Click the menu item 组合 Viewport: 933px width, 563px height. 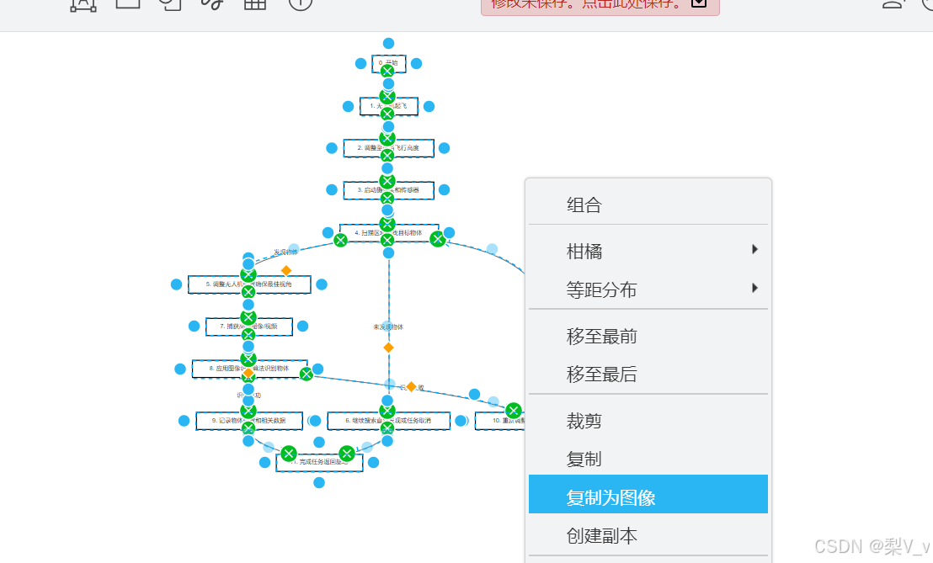click(x=584, y=204)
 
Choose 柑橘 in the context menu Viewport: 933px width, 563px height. click(x=584, y=251)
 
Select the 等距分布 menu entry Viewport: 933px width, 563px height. click(x=601, y=289)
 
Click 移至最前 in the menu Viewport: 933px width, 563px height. click(x=601, y=337)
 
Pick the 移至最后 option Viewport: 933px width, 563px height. click(x=601, y=374)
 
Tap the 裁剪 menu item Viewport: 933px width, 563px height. click(x=584, y=421)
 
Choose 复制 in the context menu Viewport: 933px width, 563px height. click(x=584, y=459)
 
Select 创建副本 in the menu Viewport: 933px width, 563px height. click(x=601, y=535)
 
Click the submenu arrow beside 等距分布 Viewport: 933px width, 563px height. click(x=754, y=288)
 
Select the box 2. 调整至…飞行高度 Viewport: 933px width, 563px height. click(x=413, y=148)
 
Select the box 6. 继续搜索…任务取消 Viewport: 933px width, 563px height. click(x=421, y=420)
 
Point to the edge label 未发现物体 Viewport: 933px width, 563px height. click(x=388, y=327)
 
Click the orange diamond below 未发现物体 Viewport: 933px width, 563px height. click(x=388, y=347)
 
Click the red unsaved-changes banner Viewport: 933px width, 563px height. click(x=600, y=4)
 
